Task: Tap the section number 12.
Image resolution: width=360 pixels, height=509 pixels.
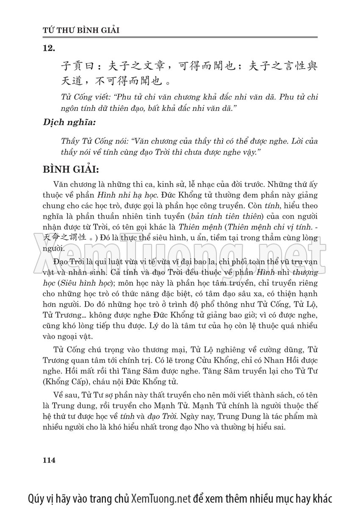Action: [x=49, y=49]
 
